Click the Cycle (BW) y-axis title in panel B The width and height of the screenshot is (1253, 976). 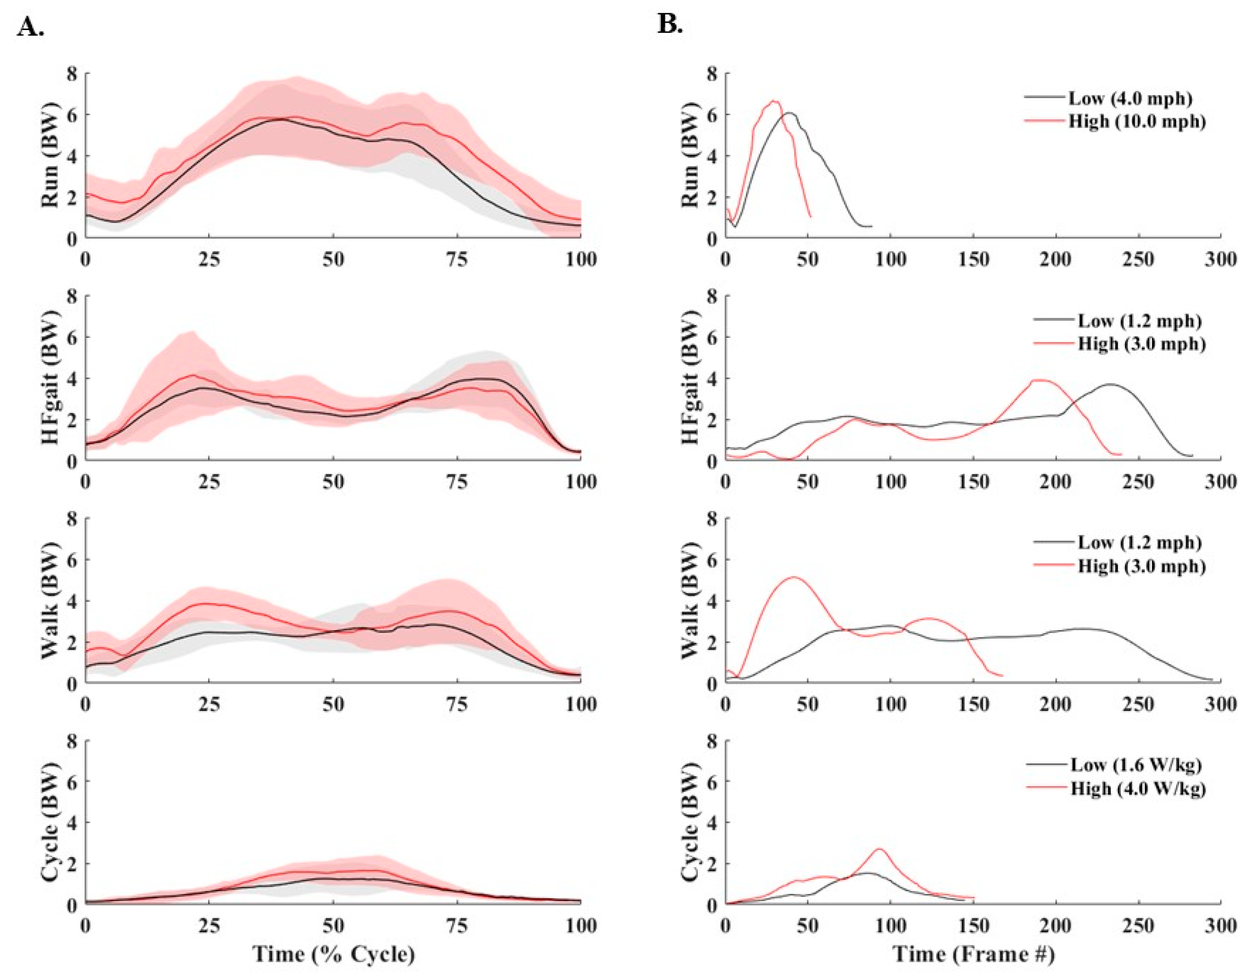(693, 823)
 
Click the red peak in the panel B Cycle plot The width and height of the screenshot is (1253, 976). (879, 849)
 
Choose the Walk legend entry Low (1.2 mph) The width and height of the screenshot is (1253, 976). (1139, 542)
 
